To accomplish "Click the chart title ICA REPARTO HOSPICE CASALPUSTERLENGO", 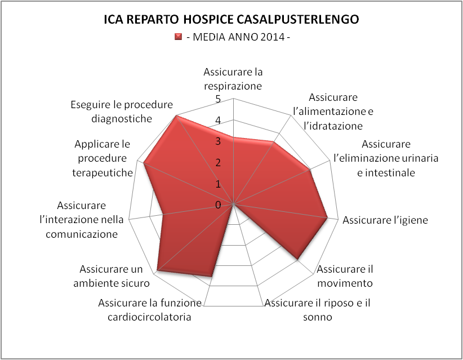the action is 231,19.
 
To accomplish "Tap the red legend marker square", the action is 178,37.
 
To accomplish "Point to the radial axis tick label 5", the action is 218,99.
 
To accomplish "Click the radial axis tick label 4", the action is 218,120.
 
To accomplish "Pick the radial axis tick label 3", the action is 218,141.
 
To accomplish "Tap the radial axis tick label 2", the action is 218,162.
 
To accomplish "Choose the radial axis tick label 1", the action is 218,184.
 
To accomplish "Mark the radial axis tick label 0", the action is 218,205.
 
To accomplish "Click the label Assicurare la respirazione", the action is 233,79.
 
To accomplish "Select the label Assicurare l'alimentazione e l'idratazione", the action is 333,112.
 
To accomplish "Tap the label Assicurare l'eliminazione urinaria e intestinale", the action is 386,158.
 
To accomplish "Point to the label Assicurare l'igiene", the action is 385,220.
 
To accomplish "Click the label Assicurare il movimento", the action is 345,276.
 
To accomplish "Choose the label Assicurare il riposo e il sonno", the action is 318,310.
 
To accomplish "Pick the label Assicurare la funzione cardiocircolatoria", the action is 150,310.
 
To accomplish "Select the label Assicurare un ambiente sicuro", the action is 112,276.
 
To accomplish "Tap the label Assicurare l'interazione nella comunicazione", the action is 82,220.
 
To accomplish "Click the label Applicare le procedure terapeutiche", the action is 102,158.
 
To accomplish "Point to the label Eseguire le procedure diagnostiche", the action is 122,112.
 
